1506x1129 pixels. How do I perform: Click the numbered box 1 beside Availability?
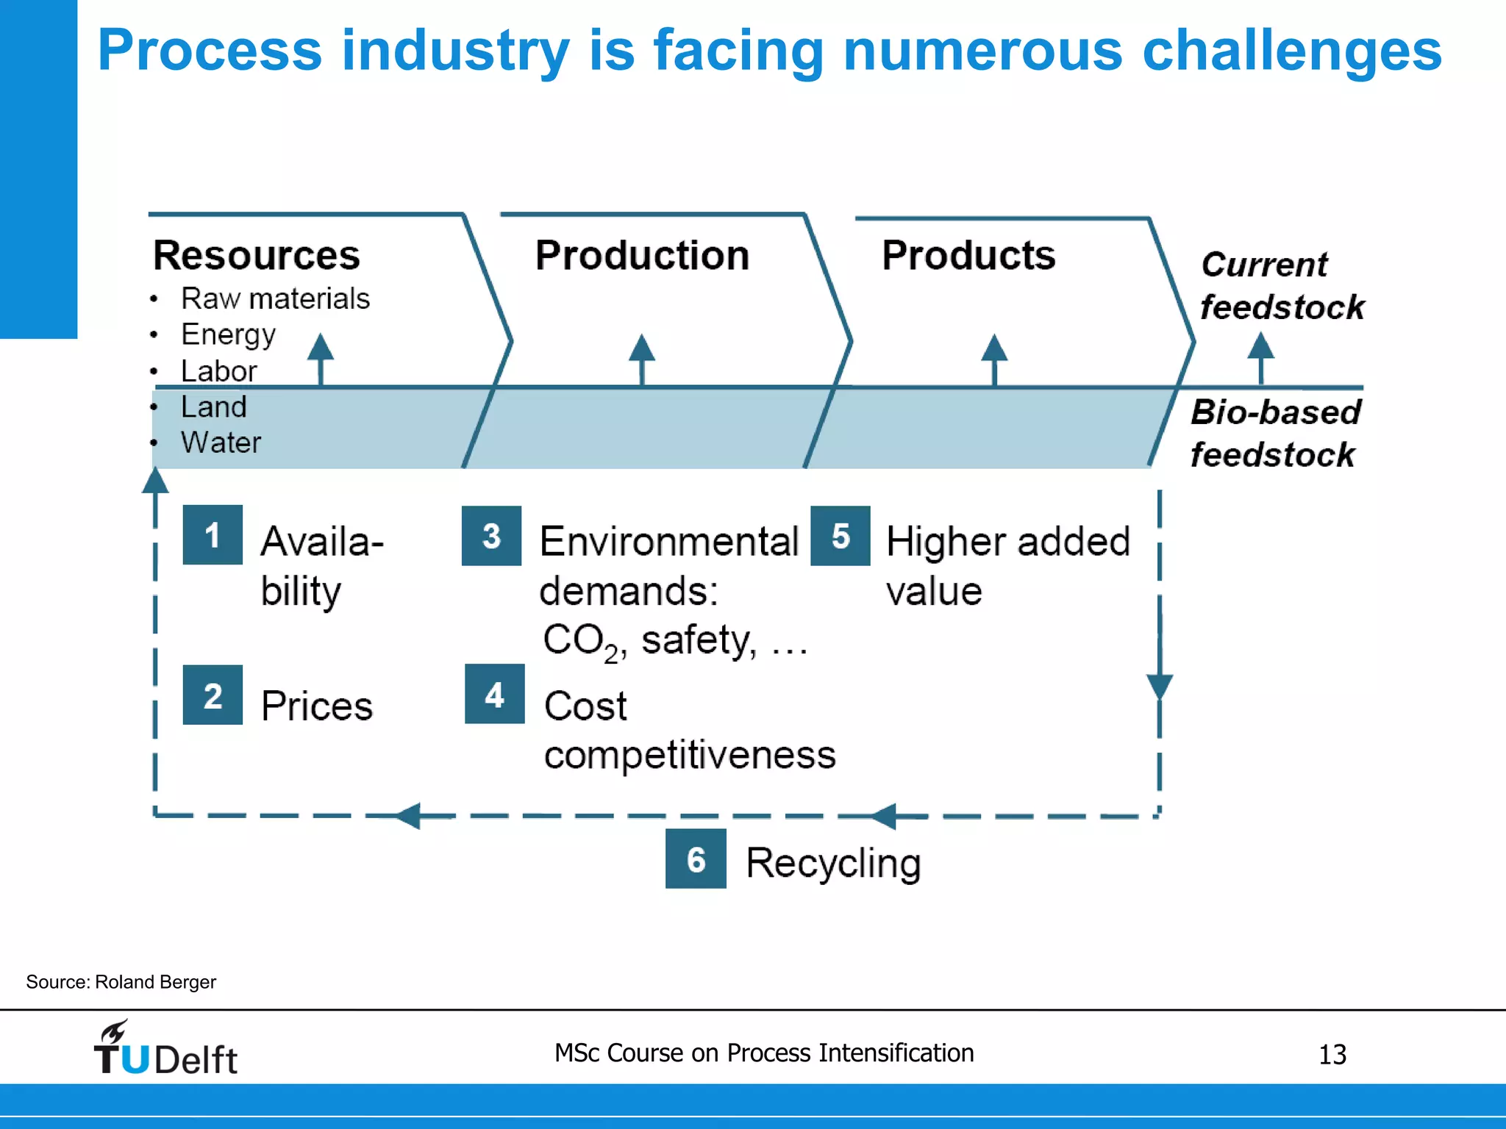[x=213, y=534]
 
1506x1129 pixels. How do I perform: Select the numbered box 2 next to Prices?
[x=213, y=695]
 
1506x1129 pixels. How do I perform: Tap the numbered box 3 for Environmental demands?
[x=491, y=535]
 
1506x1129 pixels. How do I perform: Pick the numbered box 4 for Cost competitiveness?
[x=494, y=694]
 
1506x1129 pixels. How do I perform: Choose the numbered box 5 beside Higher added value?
[x=840, y=535]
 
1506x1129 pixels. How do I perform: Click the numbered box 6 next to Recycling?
[x=696, y=859]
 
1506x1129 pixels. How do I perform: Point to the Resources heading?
[x=256, y=255]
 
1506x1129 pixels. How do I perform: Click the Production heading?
[x=642, y=255]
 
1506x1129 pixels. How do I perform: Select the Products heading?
[x=968, y=255]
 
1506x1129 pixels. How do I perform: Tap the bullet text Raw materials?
[x=275, y=298]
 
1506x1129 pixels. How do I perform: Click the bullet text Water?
[x=221, y=442]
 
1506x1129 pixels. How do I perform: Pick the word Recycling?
[x=833, y=863]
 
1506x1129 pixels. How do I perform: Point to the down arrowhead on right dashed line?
[x=1160, y=687]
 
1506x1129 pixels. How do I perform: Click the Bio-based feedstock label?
[x=1275, y=433]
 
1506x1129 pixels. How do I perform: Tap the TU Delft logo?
[x=165, y=1050]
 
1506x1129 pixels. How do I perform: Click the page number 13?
[x=1332, y=1055]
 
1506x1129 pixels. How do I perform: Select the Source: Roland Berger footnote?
[x=121, y=982]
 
